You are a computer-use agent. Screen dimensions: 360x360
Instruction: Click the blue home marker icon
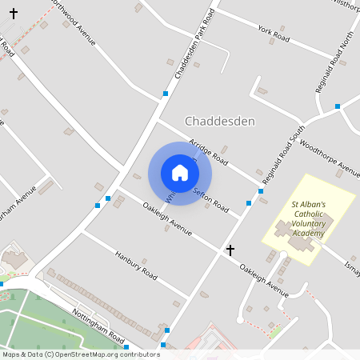point(180,172)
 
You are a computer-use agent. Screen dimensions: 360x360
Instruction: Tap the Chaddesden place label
point(219,121)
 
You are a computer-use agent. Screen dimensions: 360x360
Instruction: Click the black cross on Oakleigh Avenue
point(230,250)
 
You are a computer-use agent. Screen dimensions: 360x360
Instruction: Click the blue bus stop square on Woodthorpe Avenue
point(338,106)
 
